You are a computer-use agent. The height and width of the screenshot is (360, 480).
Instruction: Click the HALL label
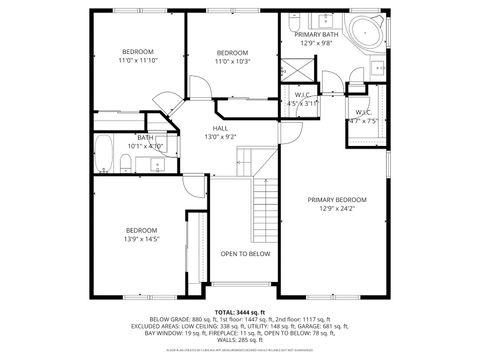[x=220, y=128]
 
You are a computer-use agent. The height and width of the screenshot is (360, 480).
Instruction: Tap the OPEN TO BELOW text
[x=245, y=254]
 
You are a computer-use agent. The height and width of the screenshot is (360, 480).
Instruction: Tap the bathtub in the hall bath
[x=105, y=155]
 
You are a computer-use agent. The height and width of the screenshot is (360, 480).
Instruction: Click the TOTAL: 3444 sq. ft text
[x=240, y=313]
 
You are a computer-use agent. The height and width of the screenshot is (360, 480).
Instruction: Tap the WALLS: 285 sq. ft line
[x=240, y=340]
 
